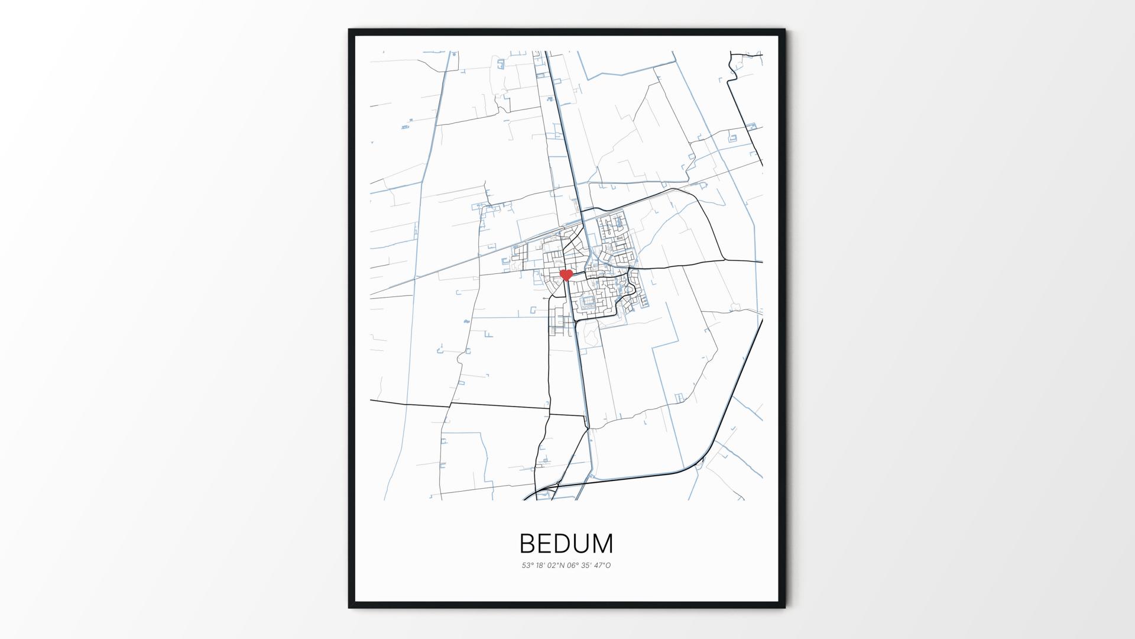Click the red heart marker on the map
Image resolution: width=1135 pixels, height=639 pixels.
coord(566,275)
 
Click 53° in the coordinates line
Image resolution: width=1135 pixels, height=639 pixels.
coord(527,566)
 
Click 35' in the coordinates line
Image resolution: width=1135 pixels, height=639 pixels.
coord(587,566)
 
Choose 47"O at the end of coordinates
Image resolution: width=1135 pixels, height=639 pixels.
coord(603,566)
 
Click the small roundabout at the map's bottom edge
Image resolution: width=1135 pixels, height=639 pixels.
coord(557,486)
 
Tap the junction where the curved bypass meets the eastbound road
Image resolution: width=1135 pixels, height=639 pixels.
coord(724,260)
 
